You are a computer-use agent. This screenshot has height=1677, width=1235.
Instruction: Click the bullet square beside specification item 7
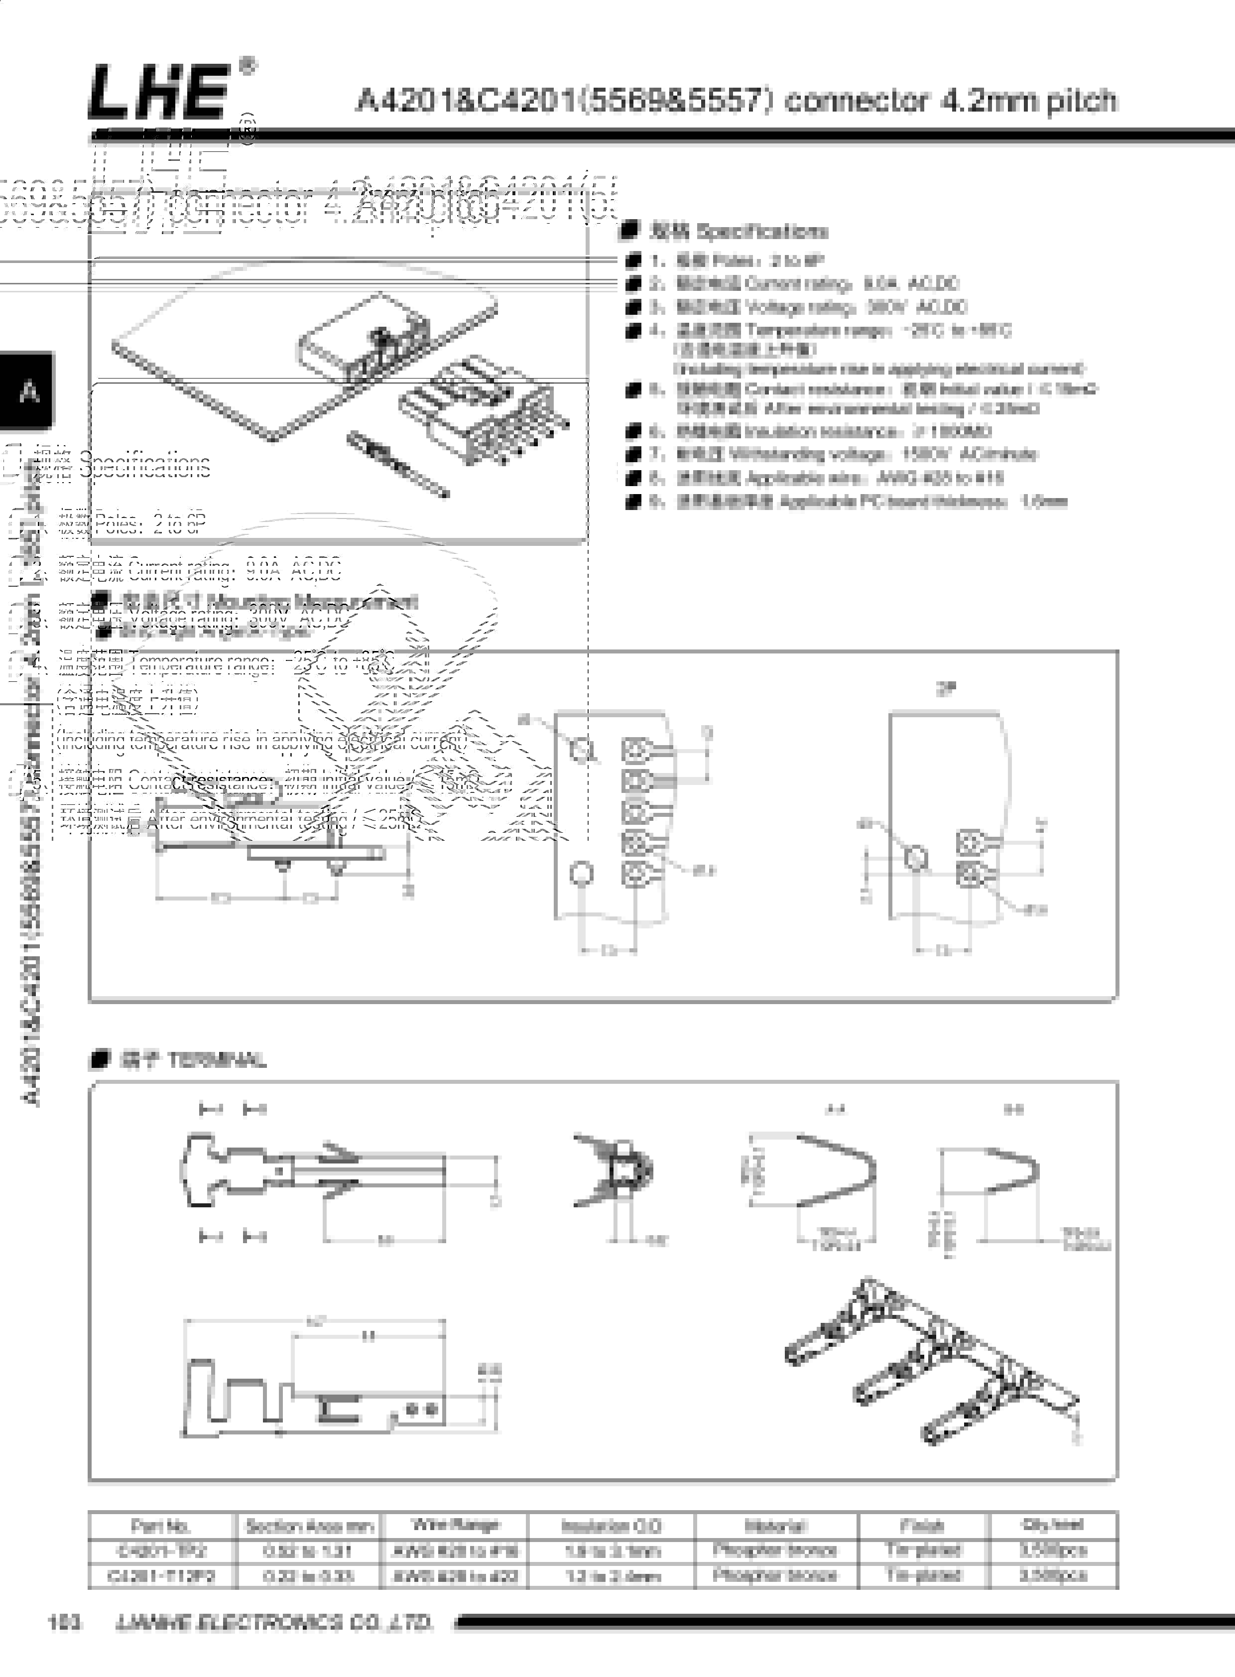633,455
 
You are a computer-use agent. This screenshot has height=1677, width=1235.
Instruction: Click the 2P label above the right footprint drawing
946,689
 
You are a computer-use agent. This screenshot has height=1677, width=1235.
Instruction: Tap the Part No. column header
161,1525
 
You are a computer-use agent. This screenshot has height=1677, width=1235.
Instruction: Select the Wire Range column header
455,1525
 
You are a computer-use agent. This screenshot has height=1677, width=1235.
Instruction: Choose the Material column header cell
775,1525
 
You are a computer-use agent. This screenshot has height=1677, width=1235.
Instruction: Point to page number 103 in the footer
64,1622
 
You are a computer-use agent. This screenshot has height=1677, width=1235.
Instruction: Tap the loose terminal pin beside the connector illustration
397,464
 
